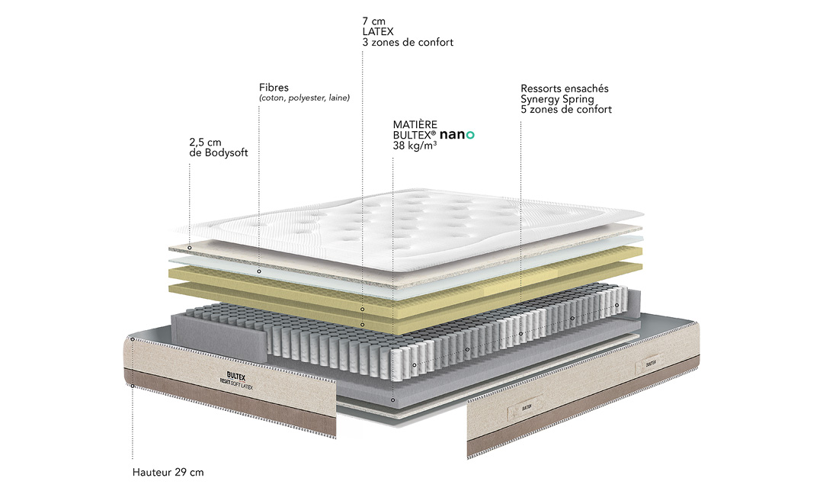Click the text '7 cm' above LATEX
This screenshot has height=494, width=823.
(374, 20)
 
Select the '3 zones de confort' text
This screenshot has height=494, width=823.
(408, 43)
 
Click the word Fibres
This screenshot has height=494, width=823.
(274, 88)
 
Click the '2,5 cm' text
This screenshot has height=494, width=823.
(205, 142)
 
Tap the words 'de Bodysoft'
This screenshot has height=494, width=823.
(218, 152)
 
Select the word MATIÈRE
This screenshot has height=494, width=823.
(415, 124)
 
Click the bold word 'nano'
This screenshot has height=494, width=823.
(456, 134)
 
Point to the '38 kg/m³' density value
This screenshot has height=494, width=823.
(415, 146)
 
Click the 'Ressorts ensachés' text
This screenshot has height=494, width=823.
(565, 88)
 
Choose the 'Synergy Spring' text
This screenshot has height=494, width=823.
(557, 99)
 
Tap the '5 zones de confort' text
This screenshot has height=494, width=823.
(566, 110)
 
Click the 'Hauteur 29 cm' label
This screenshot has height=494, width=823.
(168, 472)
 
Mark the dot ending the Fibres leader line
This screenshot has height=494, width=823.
(260, 271)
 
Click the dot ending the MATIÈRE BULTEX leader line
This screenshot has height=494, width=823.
(392, 399)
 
